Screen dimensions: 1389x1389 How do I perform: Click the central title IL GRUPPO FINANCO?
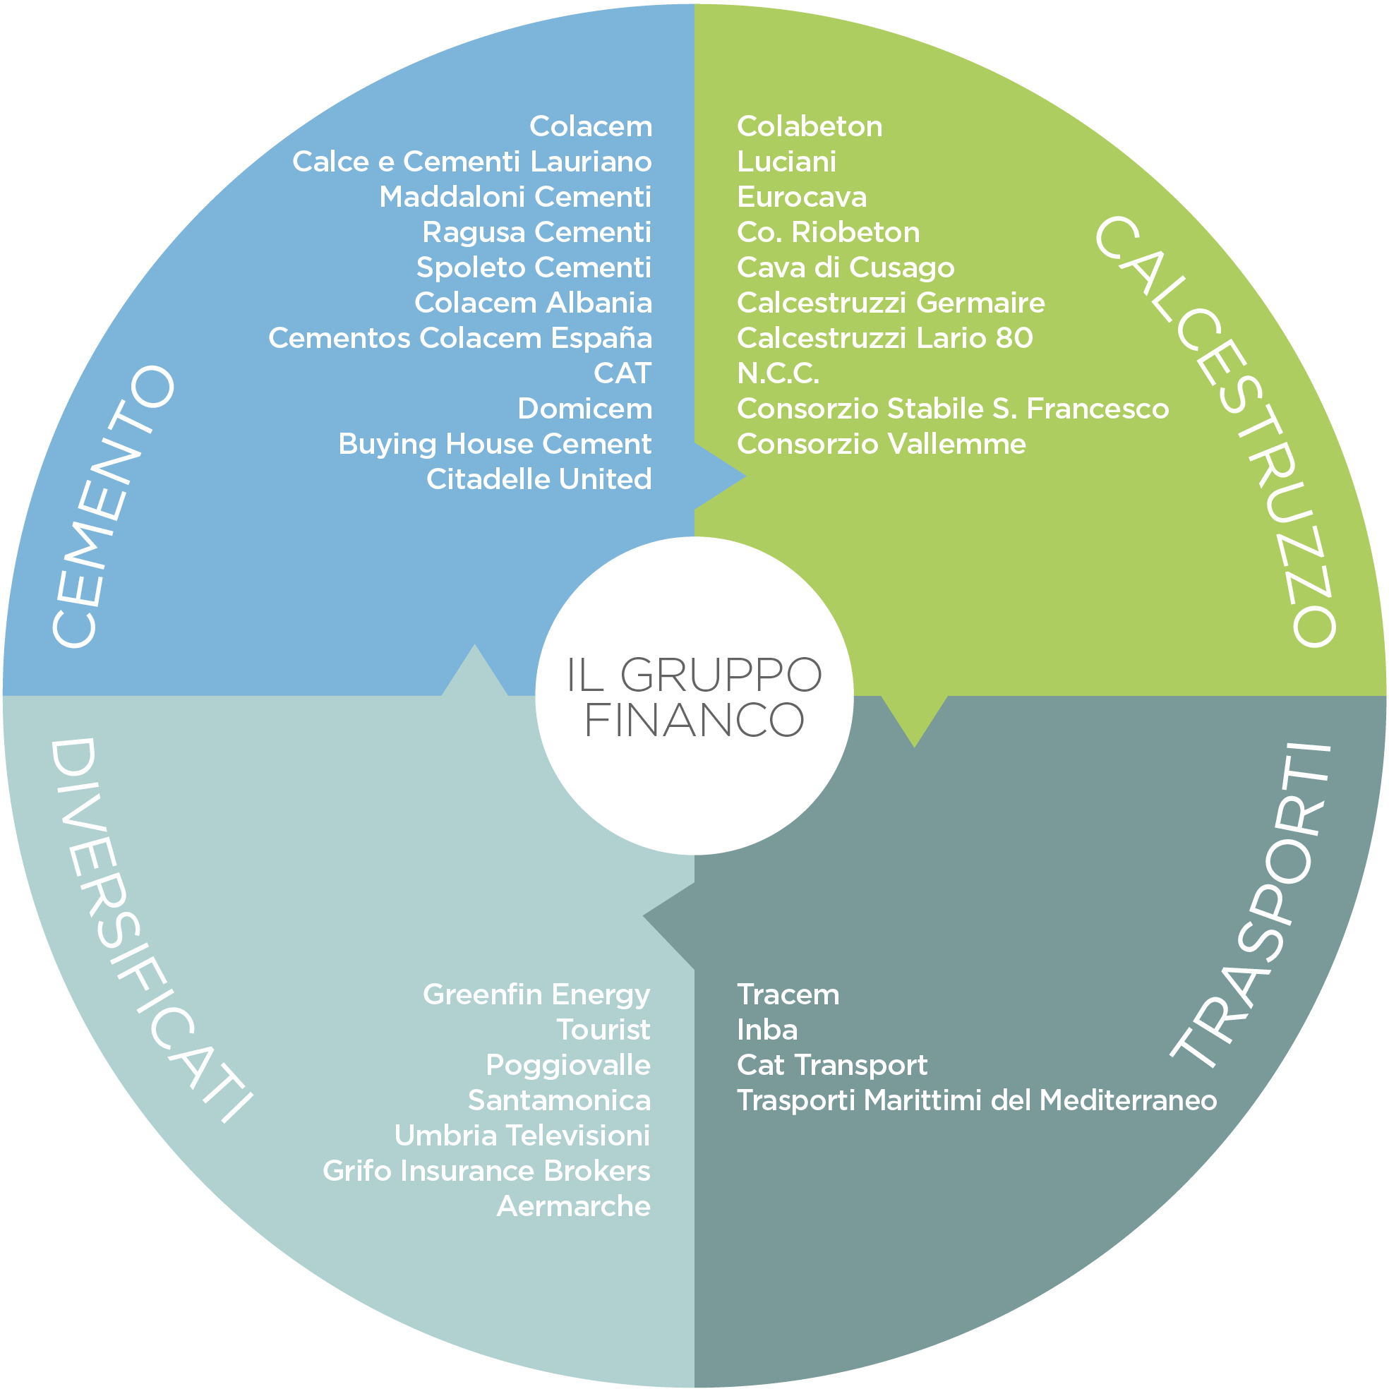(694, 696)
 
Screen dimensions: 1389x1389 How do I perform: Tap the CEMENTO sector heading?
(113, 507)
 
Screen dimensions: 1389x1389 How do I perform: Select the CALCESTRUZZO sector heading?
(1215, 431)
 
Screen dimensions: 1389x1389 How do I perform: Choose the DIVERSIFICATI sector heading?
(148, 927)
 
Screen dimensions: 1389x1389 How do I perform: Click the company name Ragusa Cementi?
(536, 232)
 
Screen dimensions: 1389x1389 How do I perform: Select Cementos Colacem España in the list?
(460, 338)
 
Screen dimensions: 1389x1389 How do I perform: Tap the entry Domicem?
(584, 409)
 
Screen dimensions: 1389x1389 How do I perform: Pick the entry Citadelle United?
(539, 479)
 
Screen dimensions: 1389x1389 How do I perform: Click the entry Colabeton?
(810, 126)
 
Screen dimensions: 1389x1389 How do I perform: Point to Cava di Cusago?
(846, 267)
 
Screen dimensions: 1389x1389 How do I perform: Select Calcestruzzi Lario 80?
(884, 338)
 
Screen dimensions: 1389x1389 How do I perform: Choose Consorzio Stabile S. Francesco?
(953, 409)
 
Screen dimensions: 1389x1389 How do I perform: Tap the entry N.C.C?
(778, 373)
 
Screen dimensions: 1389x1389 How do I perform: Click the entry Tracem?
(788, 994)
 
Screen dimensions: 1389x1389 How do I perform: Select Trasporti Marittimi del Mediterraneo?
(976, 1100)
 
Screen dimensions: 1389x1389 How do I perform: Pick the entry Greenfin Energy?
(536, 994)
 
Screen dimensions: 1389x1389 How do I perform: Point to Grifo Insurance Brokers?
(487, 1170)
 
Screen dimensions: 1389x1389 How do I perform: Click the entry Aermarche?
(573, 1205)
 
